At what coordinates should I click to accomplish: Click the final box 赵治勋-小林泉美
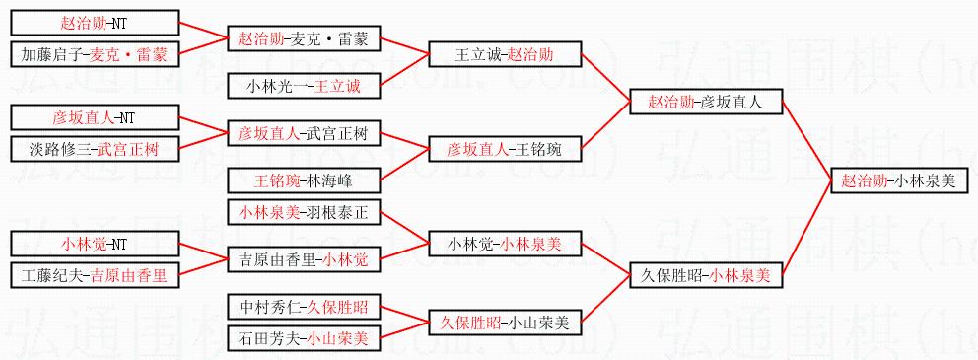900,181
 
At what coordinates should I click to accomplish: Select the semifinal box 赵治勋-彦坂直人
706,102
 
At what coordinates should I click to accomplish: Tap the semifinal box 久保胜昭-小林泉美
706,276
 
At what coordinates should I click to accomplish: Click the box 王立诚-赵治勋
505,54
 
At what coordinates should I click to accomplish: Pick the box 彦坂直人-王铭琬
505,149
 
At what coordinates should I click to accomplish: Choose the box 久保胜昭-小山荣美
505,324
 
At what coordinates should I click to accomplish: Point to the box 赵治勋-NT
96,23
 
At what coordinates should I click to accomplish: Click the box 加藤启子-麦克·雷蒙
96,54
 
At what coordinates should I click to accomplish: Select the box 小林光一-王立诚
304,86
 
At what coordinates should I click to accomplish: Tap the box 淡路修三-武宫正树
96,149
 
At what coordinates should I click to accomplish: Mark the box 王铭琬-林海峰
304,180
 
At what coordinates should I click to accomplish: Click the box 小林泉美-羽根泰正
304,213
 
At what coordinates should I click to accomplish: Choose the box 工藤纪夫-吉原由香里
96,276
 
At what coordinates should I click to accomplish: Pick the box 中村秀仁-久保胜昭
304,307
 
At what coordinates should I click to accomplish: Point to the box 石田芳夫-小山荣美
304,338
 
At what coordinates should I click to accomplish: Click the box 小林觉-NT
96,244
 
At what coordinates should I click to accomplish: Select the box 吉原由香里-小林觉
304,259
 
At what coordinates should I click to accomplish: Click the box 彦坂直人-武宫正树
304,133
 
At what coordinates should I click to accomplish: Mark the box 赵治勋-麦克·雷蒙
304,38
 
